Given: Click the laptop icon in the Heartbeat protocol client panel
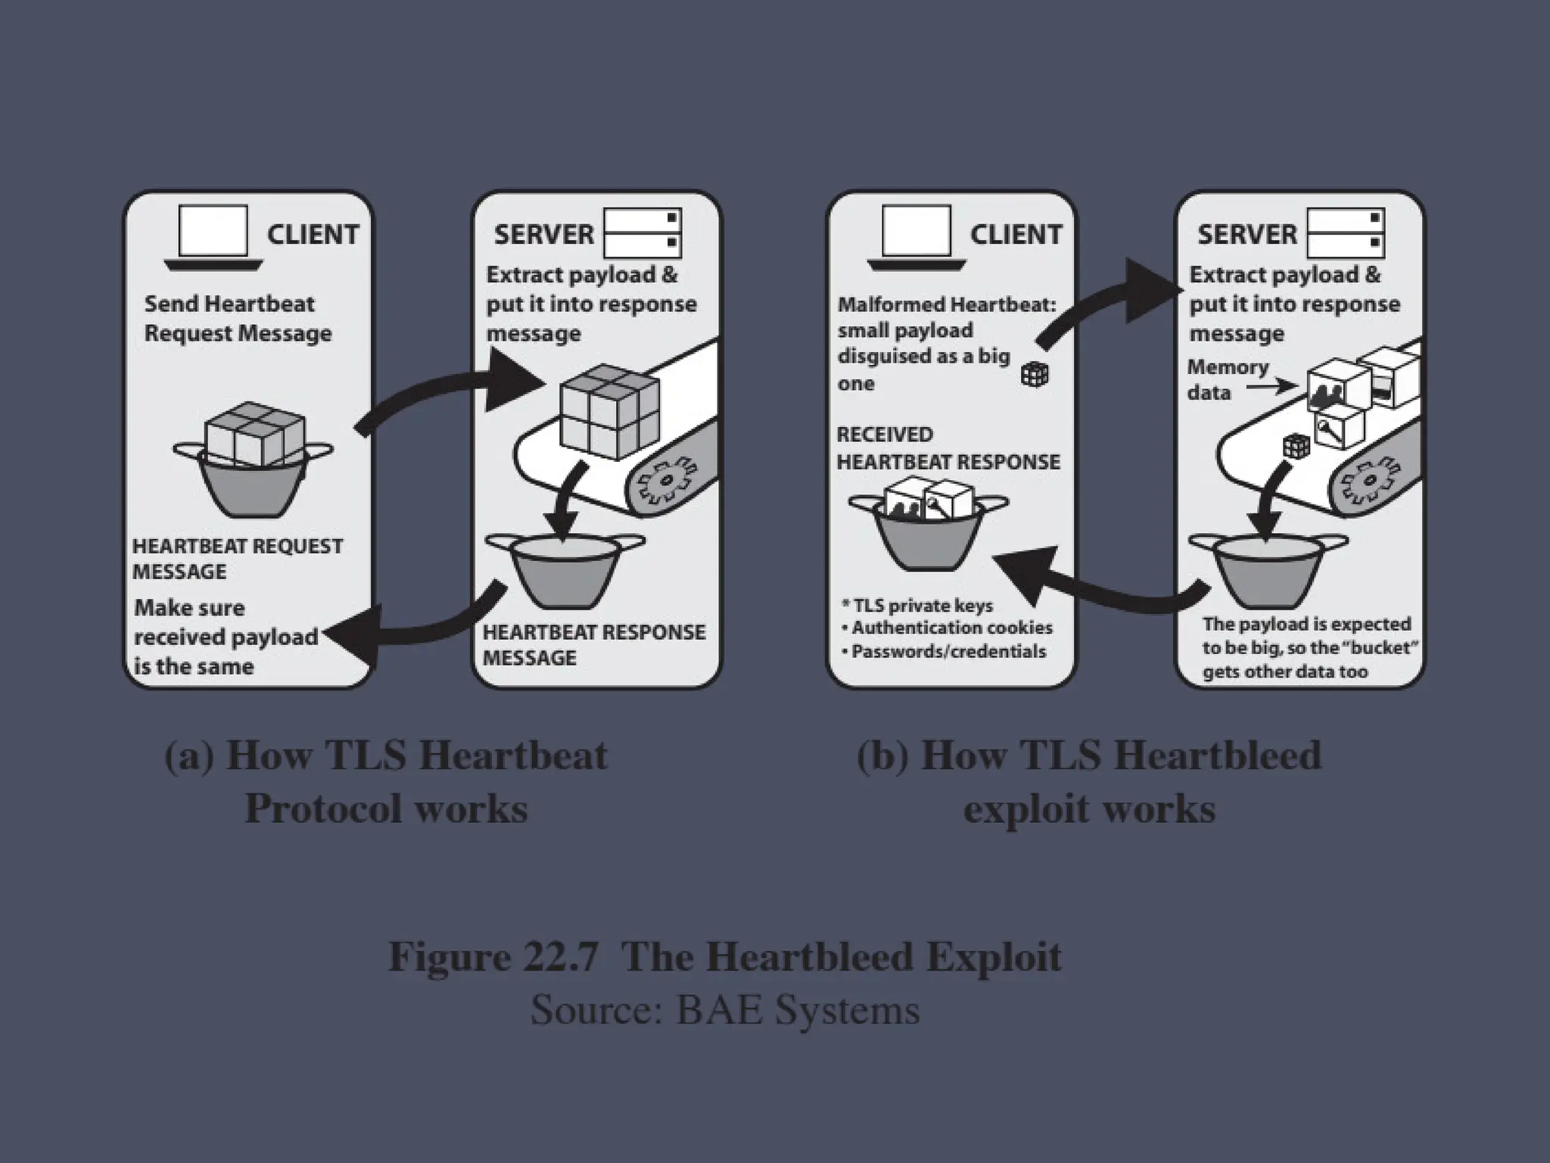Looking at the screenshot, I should [213, 236].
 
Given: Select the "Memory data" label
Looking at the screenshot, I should [1227, 379].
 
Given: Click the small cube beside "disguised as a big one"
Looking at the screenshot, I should [1035, 374].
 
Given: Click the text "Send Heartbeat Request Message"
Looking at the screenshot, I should [238, 319].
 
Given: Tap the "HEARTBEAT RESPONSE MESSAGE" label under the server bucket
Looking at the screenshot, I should [593, 644].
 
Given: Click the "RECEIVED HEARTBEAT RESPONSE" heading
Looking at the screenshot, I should [948, 448].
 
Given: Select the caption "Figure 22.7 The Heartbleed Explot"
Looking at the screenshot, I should [724, 956].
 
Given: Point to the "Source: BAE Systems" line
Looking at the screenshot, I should [724, 1009].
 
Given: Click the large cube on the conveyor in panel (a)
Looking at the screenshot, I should [608, 410].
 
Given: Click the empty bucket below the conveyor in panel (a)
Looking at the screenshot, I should [565, 569].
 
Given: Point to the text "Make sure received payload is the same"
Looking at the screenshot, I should [226, 637].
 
